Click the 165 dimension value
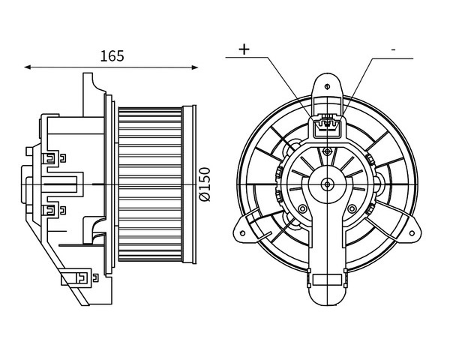tap(112, 56)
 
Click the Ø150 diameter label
tap(205, 184)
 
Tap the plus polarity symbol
tap(244, 49)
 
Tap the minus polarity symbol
tap(393, 50)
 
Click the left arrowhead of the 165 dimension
tap(28, 67)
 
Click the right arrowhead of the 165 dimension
tap(194, 67)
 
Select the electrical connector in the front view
tap(327, 126)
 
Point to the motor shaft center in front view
tap(327, 184)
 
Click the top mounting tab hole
tap(327, 86)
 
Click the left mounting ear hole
tap(242, 232)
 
